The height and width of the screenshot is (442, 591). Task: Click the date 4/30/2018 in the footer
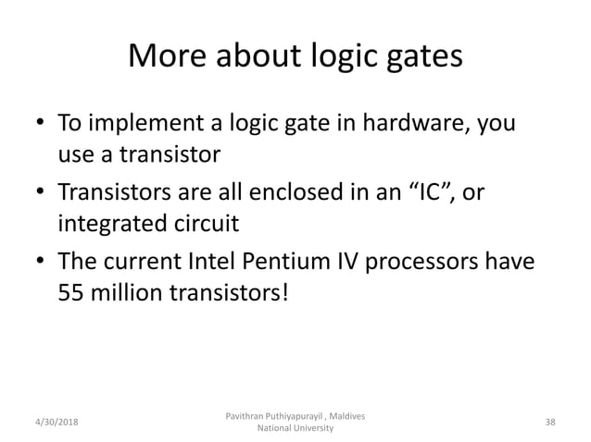[55, 423]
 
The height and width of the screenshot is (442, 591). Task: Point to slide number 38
[550, 423]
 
